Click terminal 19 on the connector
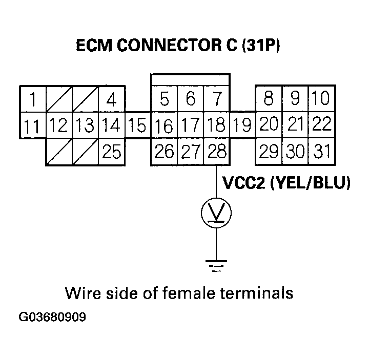[242, 125]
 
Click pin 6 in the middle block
[190, 98]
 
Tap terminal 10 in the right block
[320, 98]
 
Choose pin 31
[320, 152]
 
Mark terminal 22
[321, 124]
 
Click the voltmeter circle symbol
[216, 211]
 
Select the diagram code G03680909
[52, 318]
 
